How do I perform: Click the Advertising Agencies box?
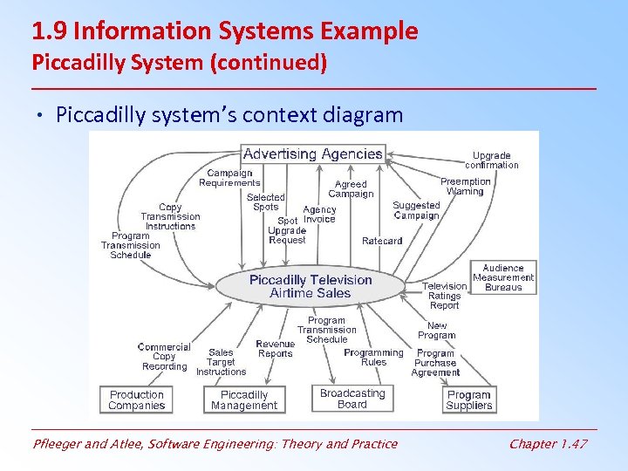point(312,154)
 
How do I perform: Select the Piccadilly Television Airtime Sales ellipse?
point(311,286)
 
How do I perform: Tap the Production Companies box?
point(137,399)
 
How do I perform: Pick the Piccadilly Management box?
point(244,399)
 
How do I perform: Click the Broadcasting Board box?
point(352,398)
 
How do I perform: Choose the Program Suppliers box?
point(469,399)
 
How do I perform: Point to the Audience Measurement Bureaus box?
point(503,277)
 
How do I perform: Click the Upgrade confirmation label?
point(491,160)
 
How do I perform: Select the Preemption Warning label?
point(465,187)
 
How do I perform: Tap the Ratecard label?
point(382,241)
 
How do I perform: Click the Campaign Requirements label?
point(229,178)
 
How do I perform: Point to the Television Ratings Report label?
point(444,296)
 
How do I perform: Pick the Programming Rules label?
point(373,358)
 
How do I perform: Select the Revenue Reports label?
point(275,349)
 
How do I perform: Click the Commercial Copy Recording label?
point(164,357)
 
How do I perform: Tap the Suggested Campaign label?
point(416,210)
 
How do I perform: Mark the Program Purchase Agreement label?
point(435,363)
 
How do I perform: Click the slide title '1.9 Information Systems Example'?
point(225,32)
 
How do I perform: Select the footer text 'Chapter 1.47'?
point(548,444)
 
